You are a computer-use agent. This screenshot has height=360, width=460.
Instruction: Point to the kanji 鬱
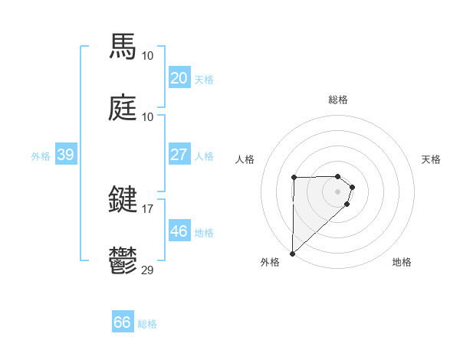[123, 260]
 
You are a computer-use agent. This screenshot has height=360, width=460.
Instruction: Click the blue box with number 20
[179, 77]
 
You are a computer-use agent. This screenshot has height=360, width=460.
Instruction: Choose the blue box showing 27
[179, 154]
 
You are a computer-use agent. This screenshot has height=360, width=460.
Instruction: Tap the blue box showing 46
[179, 231]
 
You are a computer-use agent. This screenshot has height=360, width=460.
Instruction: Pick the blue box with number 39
[65, 155]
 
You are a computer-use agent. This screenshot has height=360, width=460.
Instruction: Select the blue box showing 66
[122, 322]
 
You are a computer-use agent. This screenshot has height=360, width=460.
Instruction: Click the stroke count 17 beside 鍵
[147, 208]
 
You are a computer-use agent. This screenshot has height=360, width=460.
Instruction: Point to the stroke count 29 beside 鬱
[147, 270]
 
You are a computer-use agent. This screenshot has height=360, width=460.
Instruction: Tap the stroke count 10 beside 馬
[147, 55]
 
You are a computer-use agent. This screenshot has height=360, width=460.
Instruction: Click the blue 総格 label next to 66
[147, 324]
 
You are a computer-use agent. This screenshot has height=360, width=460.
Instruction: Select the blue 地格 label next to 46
[204, 232]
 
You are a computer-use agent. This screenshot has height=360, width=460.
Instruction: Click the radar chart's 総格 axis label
[338, 100]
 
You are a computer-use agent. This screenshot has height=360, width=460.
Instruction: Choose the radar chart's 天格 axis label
[432, 159]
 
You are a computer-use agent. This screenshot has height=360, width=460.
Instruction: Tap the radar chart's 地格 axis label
[402, 262]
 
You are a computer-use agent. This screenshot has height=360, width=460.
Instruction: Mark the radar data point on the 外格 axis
[292, 253]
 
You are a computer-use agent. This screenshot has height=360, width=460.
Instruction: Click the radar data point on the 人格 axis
[294, 178]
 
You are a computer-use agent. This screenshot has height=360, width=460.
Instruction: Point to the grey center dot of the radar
[338, 191]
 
